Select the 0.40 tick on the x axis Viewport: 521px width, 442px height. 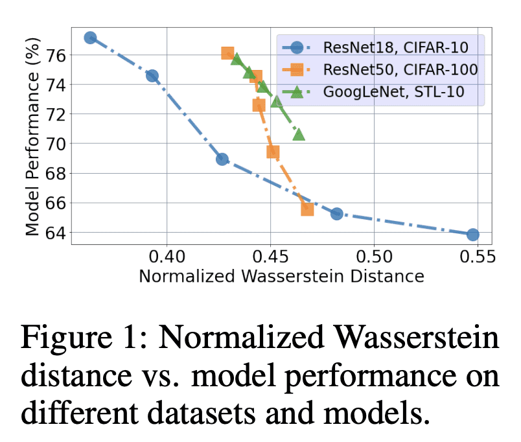click(167, 255)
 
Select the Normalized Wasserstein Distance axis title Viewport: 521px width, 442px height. click(282, 277)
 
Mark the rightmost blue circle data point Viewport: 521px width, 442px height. click(472, 234)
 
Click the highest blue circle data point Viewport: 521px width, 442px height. click(91, 38)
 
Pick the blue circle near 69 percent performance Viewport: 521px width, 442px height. click(222, 159)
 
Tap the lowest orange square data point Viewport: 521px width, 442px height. click(307, 209)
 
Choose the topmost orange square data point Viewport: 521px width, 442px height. click(227, 53)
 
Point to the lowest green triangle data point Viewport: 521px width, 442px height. click(299, 134)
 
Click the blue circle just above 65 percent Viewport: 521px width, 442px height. click(336, 213)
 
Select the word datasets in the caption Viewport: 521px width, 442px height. click(228, 413)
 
